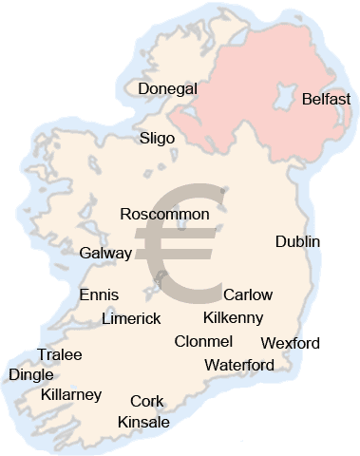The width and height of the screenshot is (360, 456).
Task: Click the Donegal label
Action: click(167, 88)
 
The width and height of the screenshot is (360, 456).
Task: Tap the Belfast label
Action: click(326, 99)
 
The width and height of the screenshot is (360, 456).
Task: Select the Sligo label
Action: click(157, 138)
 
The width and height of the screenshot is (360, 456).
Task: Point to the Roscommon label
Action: click(165, 215)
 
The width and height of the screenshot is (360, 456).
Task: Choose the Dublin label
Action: click(297, 241)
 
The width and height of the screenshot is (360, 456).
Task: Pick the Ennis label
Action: click(99, 294)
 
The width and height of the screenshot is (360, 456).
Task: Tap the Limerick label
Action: click(131, 318)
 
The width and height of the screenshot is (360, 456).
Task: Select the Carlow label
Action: click(247, 294)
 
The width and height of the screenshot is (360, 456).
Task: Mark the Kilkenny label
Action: click(233, 317)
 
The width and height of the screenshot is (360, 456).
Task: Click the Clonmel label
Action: click(203, 341)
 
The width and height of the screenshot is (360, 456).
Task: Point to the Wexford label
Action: click(290, 343)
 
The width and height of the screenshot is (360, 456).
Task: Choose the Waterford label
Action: click(239, 365)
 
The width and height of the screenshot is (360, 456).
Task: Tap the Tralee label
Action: click(59, 354)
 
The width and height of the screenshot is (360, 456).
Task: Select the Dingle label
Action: click(30, 374)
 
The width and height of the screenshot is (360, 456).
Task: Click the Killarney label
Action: click(71, 394)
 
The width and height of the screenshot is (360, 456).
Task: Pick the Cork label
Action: click(147, 401)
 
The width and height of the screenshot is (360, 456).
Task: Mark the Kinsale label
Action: click(143, 422)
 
